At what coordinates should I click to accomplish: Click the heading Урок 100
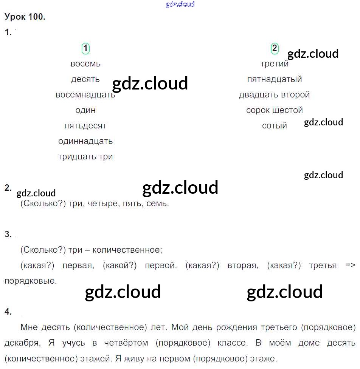click(x=25, y=17)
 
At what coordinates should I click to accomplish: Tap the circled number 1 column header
click(x=86, y=48)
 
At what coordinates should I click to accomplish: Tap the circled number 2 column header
click(x=275, y=48)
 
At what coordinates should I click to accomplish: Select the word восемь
click(x=85, y=64)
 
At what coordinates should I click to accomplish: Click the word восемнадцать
click(x=85, y=95)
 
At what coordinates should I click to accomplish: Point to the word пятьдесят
click(x=85, y=126)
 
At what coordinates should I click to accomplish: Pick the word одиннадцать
click(x=85, y=141)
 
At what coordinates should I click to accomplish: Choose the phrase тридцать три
click(x=85, y=157)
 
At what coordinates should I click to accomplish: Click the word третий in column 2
click(x=274, y=64)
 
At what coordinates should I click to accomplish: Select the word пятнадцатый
click(x=275, y=79)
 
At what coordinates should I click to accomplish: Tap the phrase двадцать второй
click(x=275, y=95)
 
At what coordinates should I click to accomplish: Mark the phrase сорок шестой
click(x=275, y=110)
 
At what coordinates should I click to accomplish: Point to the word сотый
click(x=275, y=126)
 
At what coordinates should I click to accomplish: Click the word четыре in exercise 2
click(x=99, y=204)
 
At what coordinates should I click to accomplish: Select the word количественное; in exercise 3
click(x=127, y=250)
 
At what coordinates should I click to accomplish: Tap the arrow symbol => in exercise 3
click(x=350, y=266)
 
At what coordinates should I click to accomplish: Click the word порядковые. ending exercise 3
click(x=31, y=281)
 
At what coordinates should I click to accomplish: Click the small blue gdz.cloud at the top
click(x=180, y=5)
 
